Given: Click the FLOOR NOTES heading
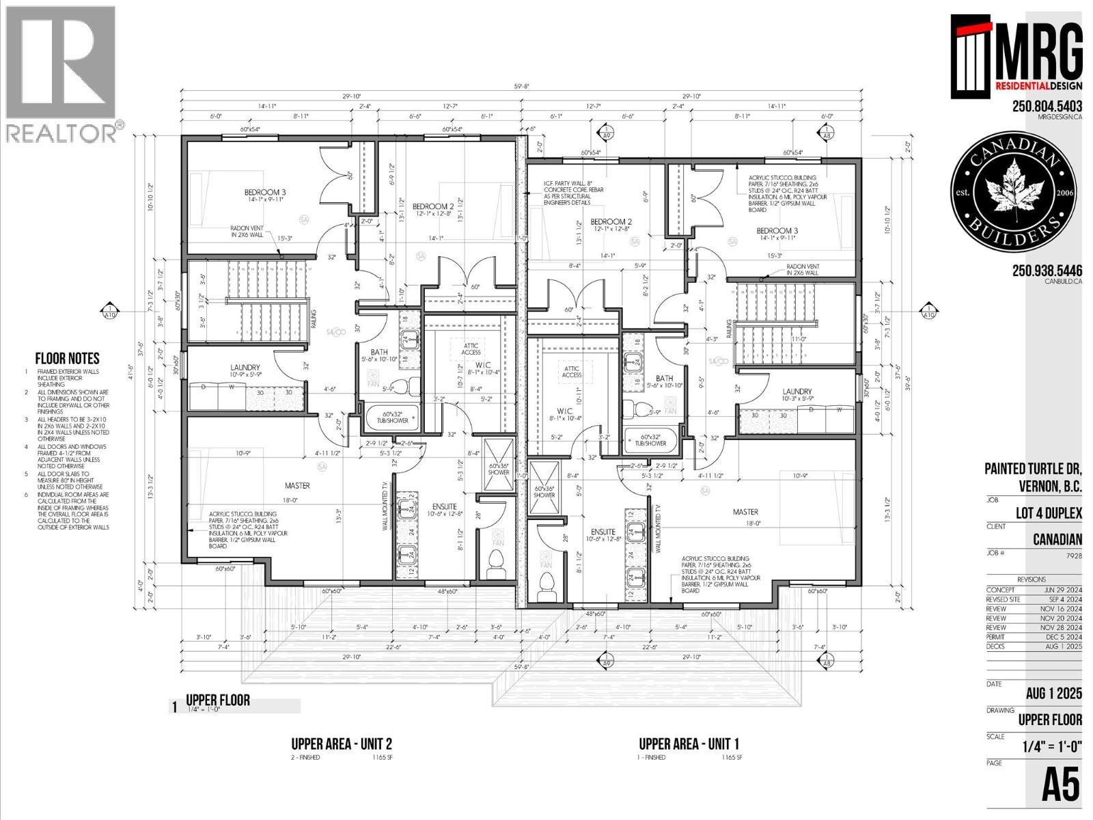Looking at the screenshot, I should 67,359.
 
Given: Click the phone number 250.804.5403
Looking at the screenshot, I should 1047,106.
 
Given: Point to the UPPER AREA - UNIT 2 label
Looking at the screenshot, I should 342,744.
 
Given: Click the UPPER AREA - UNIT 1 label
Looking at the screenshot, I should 689,744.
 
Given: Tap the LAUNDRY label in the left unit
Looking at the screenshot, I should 245,368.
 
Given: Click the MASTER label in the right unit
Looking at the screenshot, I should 745,512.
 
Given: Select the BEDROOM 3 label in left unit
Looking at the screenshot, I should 265,193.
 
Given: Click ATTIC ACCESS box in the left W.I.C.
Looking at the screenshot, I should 471,348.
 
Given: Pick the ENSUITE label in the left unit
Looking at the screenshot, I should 445,507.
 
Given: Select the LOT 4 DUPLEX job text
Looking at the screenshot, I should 1048,513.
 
